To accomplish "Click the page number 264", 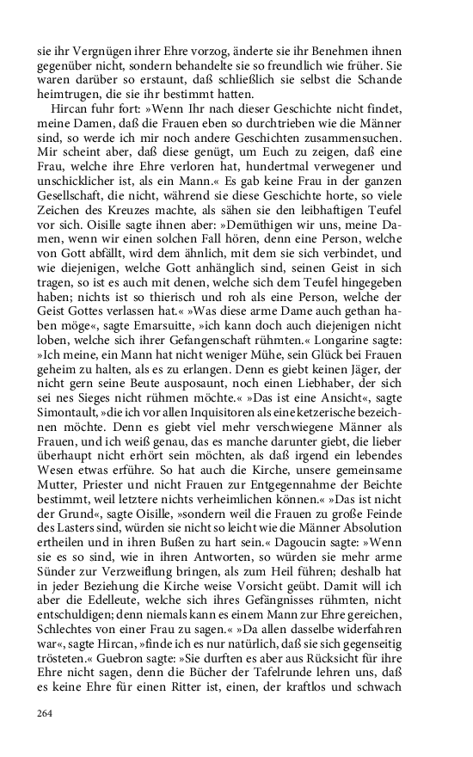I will tap(46, 711).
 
